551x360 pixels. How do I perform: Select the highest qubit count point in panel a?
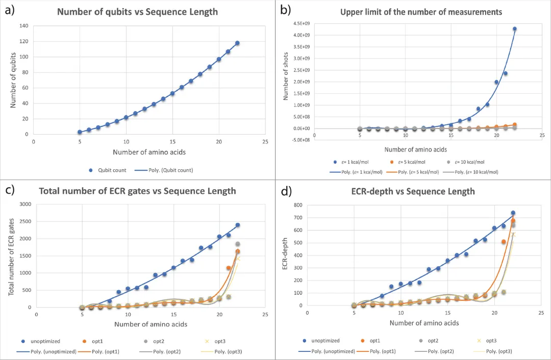(x=237, y=43)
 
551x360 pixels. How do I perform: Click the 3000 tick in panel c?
(x=24, y=204)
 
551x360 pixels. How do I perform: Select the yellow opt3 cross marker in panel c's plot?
(x=238, y=258)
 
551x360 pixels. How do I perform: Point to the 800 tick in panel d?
(x=296, y=204)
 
